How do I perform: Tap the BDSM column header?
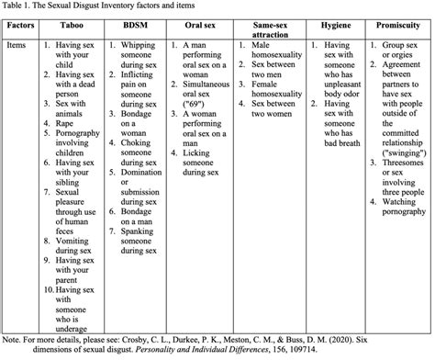pyautogui.click(x=143, y=28)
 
